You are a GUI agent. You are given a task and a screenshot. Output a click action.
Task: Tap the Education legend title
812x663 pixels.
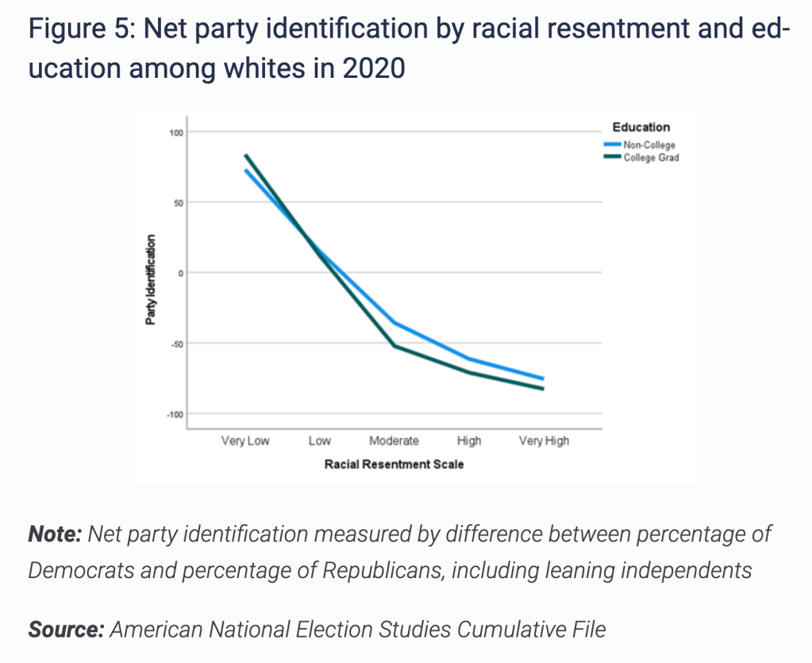click(x=641, y=127)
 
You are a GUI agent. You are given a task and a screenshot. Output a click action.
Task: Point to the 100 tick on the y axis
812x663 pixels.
click(x=175, y=132)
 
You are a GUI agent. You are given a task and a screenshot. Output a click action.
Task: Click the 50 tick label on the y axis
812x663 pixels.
click(x=177, y=202)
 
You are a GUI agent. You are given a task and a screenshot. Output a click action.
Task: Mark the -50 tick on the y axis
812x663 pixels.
click(x=175, y=343)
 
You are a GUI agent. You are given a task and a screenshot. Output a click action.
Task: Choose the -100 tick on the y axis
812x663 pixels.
click(x=172, y=414)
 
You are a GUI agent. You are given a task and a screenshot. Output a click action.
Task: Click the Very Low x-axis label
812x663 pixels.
click(x=245, y=441)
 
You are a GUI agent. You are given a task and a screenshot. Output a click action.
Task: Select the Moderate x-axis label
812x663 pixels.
click(x=394, y=441)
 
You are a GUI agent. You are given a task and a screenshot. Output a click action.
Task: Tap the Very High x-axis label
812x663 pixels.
click(x=544, y=441)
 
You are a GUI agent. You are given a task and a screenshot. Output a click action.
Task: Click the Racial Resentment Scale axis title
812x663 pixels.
click(x=394, y=464)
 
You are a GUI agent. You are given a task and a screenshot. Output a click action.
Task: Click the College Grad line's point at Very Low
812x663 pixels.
click(x=246, y=156)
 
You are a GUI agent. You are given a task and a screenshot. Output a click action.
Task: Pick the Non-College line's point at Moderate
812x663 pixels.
click(x=394, y=322)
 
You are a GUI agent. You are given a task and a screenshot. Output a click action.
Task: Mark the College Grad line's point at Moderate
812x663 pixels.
click(x=394, y=346)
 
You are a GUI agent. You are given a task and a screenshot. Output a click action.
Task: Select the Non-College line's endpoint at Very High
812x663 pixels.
click(x=543, y=378)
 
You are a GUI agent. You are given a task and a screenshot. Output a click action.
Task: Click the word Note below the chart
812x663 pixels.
click(x=55, y=534)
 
